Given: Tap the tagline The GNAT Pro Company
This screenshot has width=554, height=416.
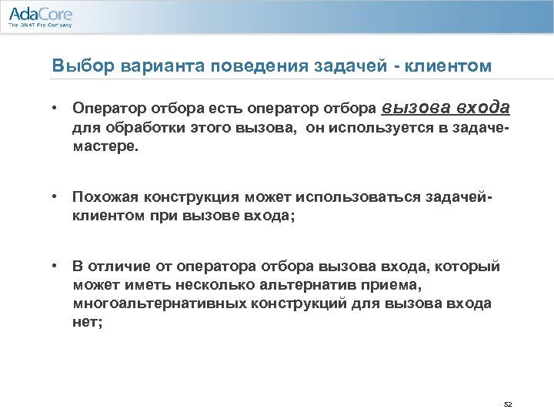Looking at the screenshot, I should [40, 25].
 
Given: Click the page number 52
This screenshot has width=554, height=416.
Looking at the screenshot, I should [507, 404].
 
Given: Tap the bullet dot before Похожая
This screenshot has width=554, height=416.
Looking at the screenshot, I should [55, 198].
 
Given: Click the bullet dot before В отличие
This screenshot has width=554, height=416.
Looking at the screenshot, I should [55, 267].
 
